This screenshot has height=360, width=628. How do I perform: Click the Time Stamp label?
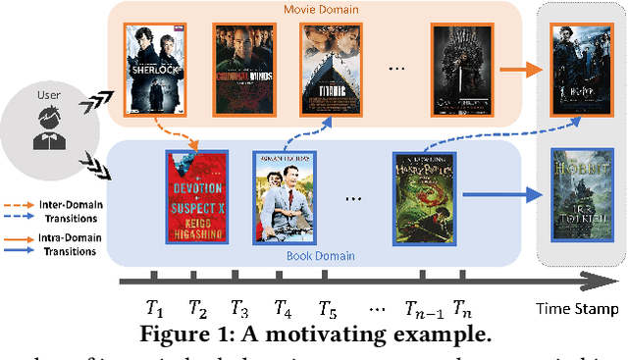[x=578, y=310]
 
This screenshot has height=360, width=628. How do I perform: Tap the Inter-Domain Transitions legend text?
[x=65, y=212]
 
